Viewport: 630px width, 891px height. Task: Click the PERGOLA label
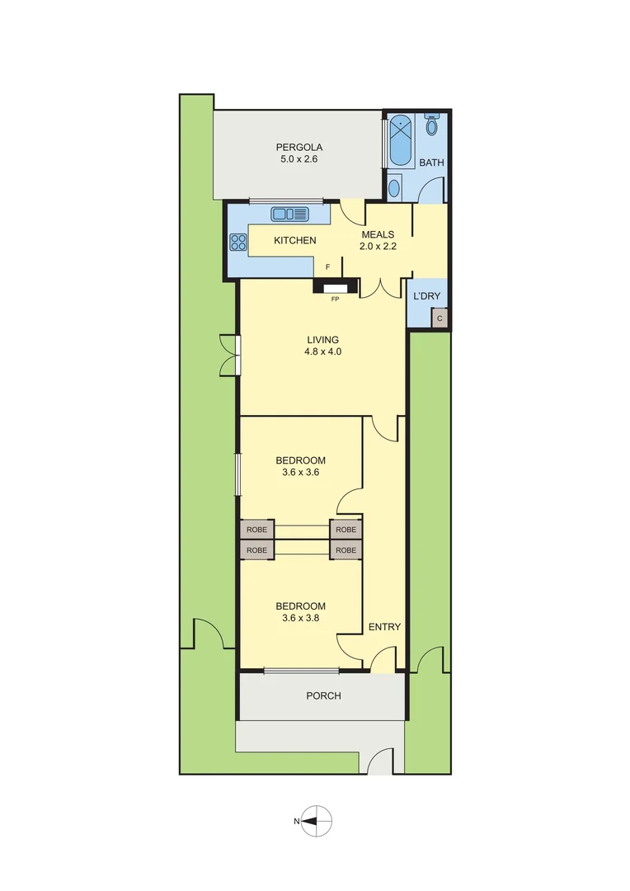(x=299, y=148)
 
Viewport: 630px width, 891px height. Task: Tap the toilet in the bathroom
(x=431, y=124)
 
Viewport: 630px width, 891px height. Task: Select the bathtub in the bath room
(x=402, y=141)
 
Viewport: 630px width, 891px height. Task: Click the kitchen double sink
(x=289, y=214)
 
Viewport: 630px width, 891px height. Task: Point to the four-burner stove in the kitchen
(x=238, y=242)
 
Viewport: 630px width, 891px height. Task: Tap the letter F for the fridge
(x=328, y=267)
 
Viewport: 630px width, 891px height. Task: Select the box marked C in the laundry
(x=440, y=318)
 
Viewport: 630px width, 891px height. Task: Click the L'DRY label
(x=426, y=295)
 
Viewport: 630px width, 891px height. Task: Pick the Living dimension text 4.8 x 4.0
(x=322, y=351)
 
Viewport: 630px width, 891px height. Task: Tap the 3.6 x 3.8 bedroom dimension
(x=300, y=619)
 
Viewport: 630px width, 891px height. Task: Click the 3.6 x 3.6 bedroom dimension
(x=300, y=474)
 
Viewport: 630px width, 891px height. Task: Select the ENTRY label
(x=384, y=627)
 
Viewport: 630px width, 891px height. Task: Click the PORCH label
(x=323, y=695)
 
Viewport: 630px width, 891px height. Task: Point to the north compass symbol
(x=316, y=820)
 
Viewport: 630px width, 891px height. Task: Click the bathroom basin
(x=394, y=188)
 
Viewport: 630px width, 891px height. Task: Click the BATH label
(x=431, y=163)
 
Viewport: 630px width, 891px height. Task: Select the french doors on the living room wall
(x=228, y=354)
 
